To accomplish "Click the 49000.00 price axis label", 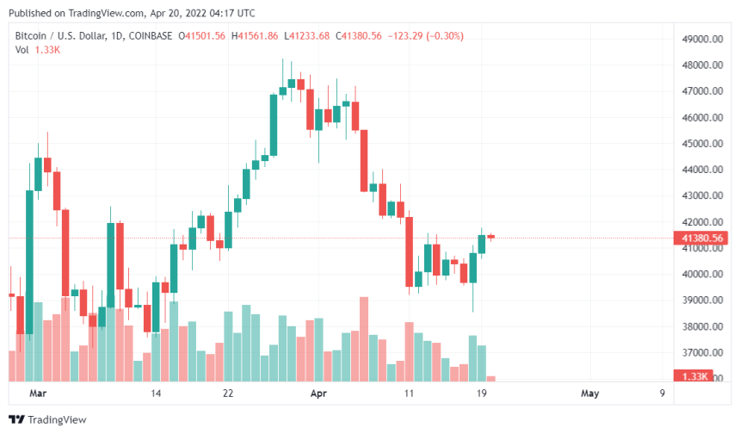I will pyautogui.click(x=701, y=40).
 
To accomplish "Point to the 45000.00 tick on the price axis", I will pyautogui.click(x=701, y=144).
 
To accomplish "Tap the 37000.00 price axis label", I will pyautogui.click(x=701, y=353).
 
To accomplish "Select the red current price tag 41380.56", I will pyautogui.click(x=701, y=238).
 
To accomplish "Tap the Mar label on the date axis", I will pyautogui.click(x=36, y=394).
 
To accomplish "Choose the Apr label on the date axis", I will pyautogui.click(x=318, y=394).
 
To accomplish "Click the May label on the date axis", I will pyautogui.click(x=589, y=394).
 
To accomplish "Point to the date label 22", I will pyautogui.click(x=227, y=394).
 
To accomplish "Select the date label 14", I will pyautogui.click(x=156, y=394).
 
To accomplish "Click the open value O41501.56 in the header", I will pyautogui.click(x=201, y=35).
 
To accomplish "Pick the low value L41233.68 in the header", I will pyautogui.click(x=307, y=35).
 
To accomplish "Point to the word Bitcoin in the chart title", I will pyautogui.click(x=31, y=35).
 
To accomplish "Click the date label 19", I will pyautogui.click(x=483, y=394).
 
